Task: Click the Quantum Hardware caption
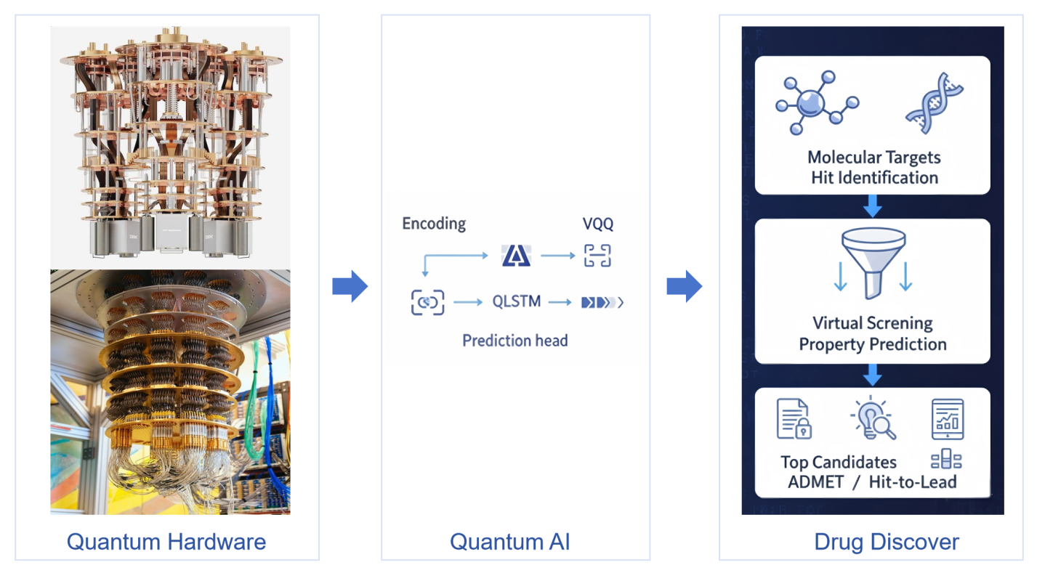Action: (166, 541)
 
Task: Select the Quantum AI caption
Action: (510, 541)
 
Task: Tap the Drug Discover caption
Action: (887, 541)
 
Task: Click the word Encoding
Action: (434, 224)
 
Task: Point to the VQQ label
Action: (598, 224)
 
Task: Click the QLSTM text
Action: (516, 301)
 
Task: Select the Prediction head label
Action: (515, 340)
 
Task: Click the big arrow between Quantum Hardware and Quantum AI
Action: (350, 287)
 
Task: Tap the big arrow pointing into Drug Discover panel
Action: (684, 287)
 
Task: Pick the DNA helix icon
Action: (934, 103)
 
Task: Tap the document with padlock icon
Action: (794, 419)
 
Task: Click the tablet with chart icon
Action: (948, 419)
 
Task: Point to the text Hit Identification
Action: (874, 177)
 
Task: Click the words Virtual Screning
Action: (872, 322)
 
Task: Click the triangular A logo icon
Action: (516, 256)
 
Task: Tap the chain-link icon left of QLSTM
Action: (427, 302)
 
